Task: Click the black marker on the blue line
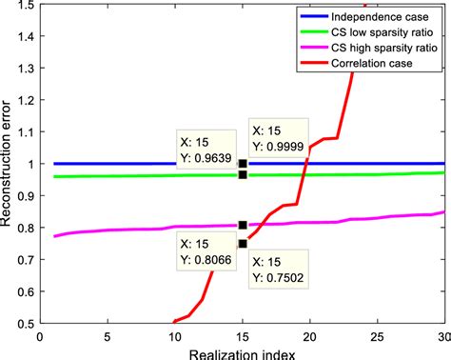click(x=243, y=163)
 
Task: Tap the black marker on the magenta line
click(x=243, y=225)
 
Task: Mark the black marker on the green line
click(x=243, y=174)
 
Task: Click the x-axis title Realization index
click(x=243, y=352)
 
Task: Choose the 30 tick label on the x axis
click(x=442, y=335)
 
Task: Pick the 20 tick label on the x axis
click(x=309, y=335)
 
